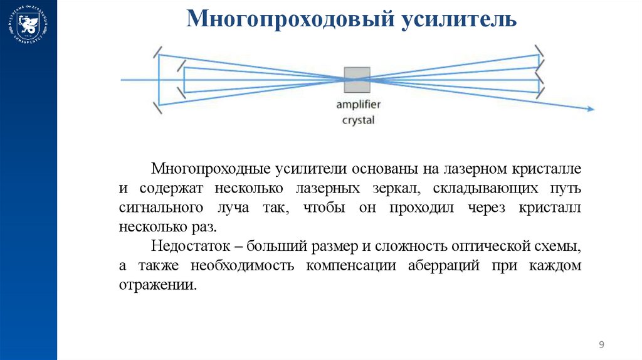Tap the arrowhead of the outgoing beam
pos(590,110)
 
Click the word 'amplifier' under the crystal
pos(357,104)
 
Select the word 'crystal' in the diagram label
pos(357,119)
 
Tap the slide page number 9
pos(602,344)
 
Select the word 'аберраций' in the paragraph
pos(445,265)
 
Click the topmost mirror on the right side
pos(538,50)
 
